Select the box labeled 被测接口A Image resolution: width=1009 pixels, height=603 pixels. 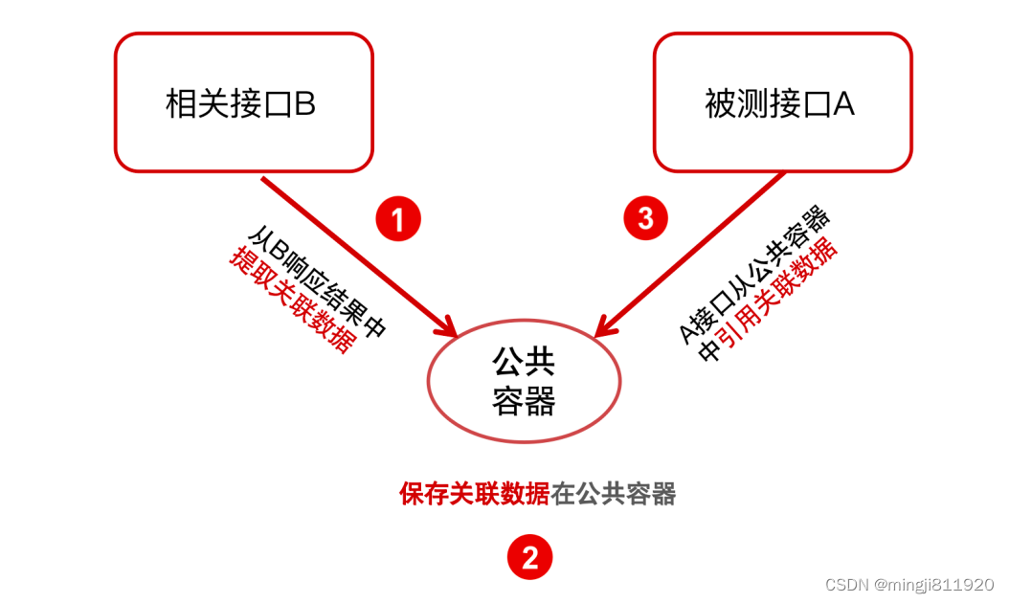tap(781, 102)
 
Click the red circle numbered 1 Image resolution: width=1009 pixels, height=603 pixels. tap(398, 219)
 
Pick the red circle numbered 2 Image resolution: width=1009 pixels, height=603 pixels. tap(529, 556)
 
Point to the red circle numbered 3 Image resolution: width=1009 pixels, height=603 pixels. tap(646, 218)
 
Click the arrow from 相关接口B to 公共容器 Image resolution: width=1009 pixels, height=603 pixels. tap(354, 254)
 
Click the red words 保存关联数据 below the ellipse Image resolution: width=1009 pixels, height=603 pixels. tap(475, 494)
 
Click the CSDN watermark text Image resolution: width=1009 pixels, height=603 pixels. tap(908, 584)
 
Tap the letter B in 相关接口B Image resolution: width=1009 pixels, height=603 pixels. tap(304, 103)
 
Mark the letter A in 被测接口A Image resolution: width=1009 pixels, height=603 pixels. tap(843, 103)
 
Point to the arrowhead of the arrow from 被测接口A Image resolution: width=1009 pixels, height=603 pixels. tap(603, 327)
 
